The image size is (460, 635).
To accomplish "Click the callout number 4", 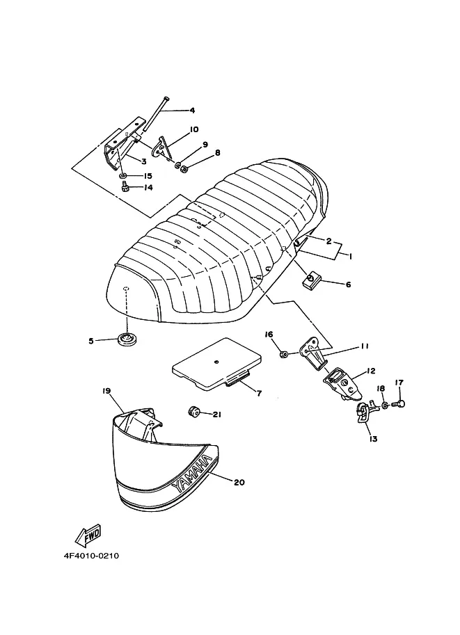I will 192,111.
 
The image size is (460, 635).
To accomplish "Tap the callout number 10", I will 193,129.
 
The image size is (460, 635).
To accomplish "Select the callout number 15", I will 148,176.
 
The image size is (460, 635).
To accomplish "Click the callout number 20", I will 239,481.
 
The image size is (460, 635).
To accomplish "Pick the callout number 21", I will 216,415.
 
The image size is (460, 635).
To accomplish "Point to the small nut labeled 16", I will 285,354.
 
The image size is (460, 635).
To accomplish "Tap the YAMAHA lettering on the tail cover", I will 189,479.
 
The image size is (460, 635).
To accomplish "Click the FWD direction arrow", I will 84,537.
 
